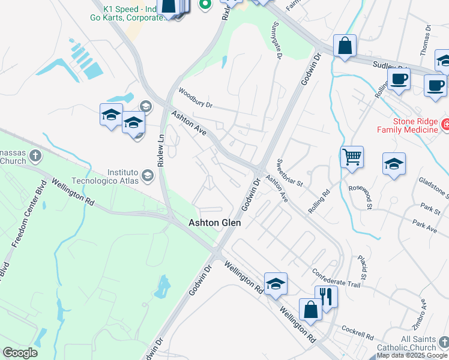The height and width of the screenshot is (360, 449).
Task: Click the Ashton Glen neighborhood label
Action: point(215,223)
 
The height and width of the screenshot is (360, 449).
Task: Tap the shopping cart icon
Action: point(352,157)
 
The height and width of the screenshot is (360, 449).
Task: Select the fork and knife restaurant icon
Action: point(326,296)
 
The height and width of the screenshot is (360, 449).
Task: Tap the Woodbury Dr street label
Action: point(196,98)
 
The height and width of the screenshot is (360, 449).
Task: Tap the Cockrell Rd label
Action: point(358,329)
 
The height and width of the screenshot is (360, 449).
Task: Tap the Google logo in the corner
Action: point(20,353)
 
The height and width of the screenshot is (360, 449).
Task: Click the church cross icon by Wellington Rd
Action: point(35,157)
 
